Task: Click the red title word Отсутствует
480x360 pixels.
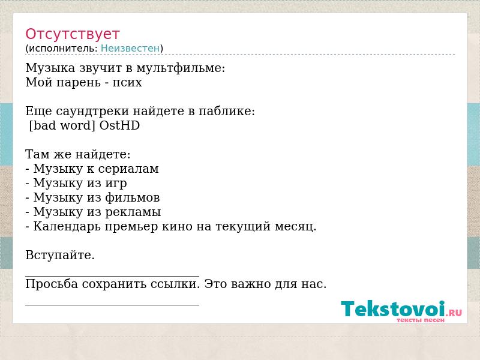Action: (72, 34)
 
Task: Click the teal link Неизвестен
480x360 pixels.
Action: (130, 48)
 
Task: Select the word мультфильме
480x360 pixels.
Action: (181, 68)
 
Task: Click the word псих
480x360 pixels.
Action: (127, 83)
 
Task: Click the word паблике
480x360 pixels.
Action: (227, 111)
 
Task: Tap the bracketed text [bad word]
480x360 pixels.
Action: (62, 125)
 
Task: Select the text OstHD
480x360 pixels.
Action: (119, 125)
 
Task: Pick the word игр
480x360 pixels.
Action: (116, 184)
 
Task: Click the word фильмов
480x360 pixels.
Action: (133, 197)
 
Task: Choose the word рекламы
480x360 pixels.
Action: (133, 212)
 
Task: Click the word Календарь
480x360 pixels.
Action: (67, 227)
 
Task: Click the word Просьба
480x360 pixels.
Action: (52, 284)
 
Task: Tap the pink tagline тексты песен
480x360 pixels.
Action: (421, 320)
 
